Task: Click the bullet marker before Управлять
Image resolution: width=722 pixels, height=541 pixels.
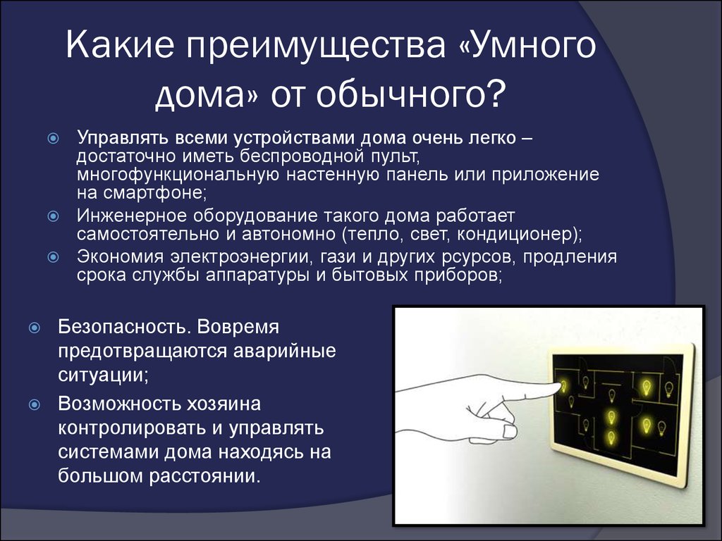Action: coord(54,138)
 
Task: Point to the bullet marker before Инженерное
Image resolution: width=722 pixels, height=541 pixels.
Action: coord(54,216)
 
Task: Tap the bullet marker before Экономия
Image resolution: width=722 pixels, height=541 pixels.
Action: coord(54,256)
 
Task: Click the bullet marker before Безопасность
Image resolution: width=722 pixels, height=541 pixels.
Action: coord(35,328)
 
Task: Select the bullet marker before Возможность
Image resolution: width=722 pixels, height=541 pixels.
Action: coord(35,405)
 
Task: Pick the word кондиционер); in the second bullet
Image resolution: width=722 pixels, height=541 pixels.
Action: coord(520,234)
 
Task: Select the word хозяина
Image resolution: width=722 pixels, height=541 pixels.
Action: coord(224,404)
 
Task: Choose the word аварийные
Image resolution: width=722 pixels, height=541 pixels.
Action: coord(285,352)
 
